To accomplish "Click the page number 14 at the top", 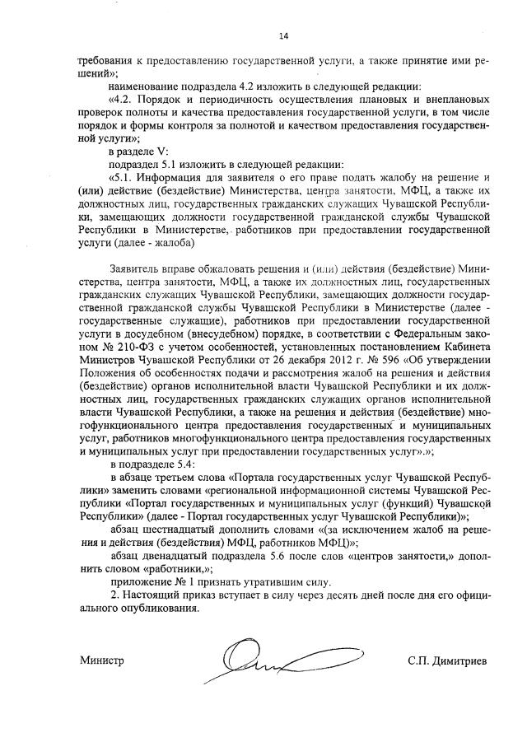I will (283, 35).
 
